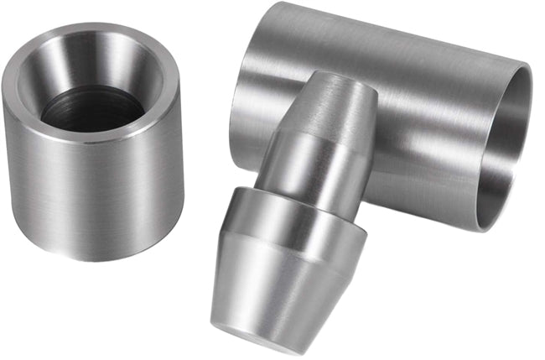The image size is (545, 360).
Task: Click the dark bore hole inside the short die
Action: tap(92, 109)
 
